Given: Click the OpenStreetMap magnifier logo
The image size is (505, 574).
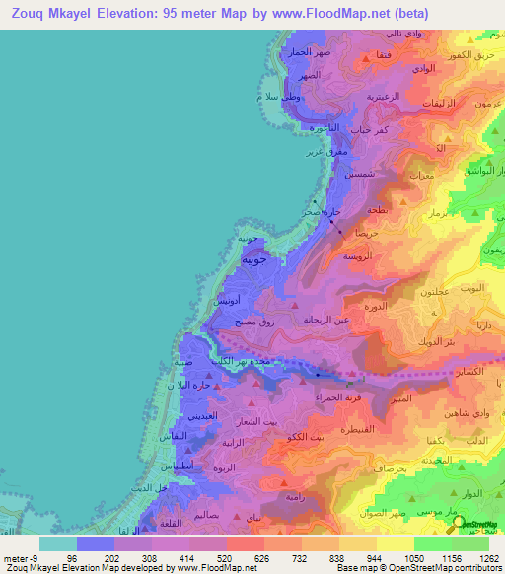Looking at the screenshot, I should [462, 526].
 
